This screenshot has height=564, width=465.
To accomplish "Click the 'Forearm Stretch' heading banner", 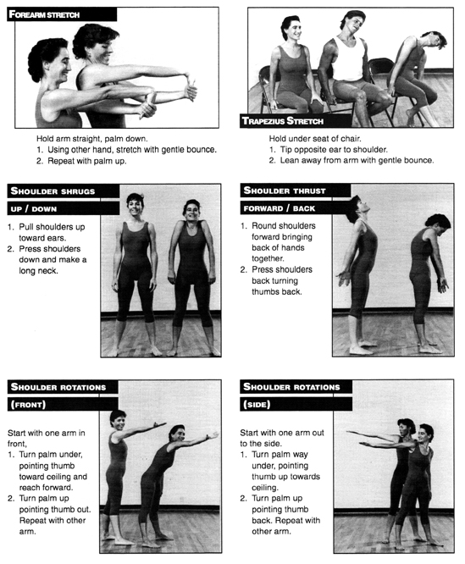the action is click(62, 14).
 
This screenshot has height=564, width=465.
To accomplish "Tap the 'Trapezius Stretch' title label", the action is click(296, 121).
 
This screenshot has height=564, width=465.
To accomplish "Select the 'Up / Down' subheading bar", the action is click(64, 208).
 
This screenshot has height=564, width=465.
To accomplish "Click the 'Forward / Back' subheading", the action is click(296, 208).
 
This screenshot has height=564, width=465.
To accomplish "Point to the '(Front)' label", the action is click(63, 404).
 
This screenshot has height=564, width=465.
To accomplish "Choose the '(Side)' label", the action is click(296, 404).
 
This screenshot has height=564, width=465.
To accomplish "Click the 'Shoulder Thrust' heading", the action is click(296, 191).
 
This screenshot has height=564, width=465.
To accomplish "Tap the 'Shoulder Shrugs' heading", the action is click(64, 191).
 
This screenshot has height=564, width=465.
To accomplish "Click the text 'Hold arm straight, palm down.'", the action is click(92, 139).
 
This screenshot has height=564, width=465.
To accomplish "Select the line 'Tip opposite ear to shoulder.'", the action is click(334, 150).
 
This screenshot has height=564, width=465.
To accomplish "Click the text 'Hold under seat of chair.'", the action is click(315, 139).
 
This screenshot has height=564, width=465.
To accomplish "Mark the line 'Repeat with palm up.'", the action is click(87, 161).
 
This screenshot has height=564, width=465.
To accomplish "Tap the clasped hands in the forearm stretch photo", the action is click(187, 89).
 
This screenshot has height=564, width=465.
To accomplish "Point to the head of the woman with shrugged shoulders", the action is click(191, 210).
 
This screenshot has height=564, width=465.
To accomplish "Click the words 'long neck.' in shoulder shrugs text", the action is click(38, 270).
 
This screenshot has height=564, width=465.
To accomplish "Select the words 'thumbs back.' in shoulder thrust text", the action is click(277, 291).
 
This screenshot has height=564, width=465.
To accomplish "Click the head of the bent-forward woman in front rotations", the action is click(177, 434).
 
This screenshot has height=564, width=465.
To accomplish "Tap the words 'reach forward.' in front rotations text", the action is click(46, 488).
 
